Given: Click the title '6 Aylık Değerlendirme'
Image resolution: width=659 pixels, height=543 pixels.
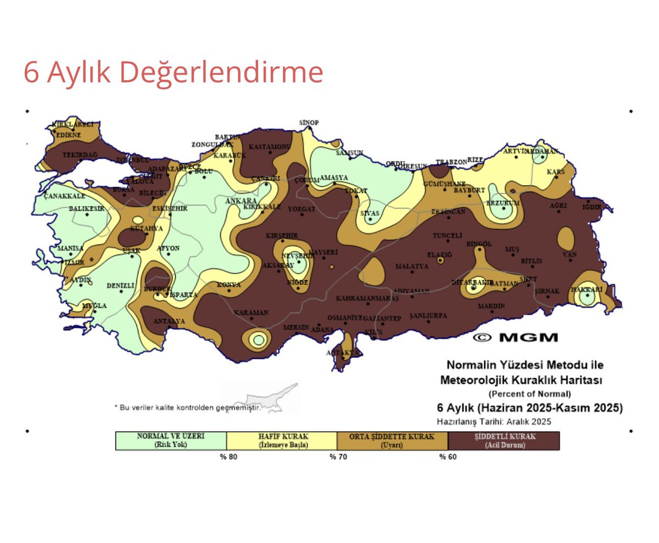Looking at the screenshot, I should click(173, 73).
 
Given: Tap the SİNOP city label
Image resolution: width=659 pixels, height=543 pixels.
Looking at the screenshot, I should click(309, 123).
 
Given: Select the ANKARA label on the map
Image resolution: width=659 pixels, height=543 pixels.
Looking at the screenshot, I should click(241, 201).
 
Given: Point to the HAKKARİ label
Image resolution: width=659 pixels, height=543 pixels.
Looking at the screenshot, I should click(587, 289).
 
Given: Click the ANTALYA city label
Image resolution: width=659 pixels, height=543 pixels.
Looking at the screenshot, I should click(169, 321).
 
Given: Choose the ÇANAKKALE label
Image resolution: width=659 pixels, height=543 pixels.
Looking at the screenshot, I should click(64, 196).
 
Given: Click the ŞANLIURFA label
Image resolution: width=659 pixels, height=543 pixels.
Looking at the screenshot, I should click(428, 316).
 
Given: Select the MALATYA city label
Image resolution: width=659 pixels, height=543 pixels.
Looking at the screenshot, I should click(412, 267).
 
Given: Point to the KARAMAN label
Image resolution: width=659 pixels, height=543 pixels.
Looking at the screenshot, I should click(251, 313).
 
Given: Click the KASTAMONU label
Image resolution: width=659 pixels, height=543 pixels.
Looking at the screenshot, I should click(270, 147).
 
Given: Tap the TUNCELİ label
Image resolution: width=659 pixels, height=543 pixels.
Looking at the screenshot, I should click(448, 236).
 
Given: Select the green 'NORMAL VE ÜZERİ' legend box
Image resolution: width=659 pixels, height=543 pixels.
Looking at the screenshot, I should click(171, 441).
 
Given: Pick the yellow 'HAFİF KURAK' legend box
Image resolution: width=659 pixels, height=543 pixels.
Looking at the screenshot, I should click(282, 441).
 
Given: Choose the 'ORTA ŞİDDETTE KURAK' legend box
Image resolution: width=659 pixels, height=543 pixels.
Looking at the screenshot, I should click(392, 441).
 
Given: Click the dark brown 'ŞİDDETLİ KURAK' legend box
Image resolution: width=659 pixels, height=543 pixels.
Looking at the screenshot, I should click(504, 441).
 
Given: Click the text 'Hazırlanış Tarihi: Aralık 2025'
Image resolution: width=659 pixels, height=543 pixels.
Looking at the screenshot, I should click(494, 422).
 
